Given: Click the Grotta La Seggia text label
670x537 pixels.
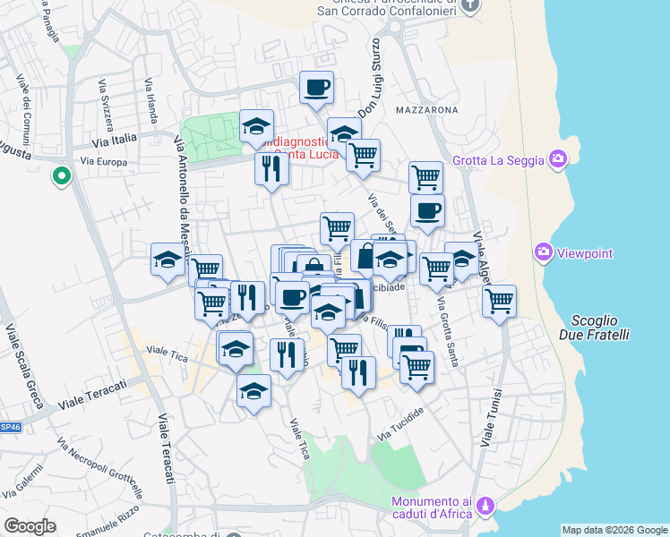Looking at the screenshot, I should click(x=499, y=160).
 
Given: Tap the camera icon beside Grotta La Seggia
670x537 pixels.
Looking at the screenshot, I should click(x=559, y=159).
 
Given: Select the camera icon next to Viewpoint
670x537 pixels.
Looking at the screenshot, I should click(x=543, y=253).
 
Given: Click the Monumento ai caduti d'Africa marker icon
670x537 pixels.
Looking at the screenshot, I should click(x=485, y=507).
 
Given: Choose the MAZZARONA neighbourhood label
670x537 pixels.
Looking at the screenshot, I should click(x=425, y=110).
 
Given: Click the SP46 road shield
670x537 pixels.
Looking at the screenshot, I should click(x=9, y=428).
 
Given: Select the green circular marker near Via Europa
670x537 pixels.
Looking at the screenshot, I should click(x=62, y=176).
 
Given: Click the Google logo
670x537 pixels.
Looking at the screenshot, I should click(x=30, y=526).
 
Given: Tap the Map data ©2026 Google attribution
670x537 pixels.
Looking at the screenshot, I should click(x=614, y=530).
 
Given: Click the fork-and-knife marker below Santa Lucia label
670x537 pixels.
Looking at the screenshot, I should click(x=270, y=168).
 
